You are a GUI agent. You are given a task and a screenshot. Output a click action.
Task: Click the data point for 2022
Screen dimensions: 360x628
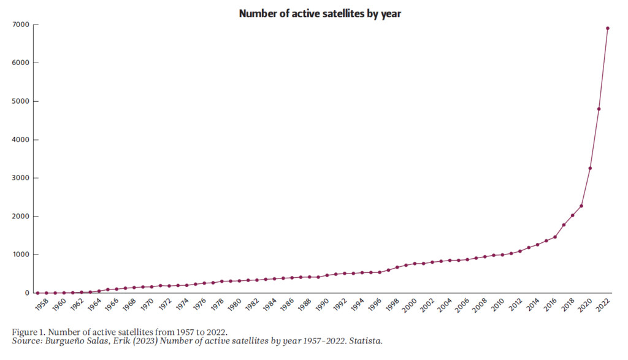608,28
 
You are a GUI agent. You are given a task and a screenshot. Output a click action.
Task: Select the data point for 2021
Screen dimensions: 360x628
599,109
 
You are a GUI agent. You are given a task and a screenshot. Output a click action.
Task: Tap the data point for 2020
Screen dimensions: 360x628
590,168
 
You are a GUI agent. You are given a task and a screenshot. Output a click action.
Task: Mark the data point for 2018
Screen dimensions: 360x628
572,215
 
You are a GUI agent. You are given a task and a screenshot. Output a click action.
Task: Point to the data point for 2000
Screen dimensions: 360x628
415,264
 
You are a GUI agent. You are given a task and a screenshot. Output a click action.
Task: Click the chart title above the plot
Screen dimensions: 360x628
320,13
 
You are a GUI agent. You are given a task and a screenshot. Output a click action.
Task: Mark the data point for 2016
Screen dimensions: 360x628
555,237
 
